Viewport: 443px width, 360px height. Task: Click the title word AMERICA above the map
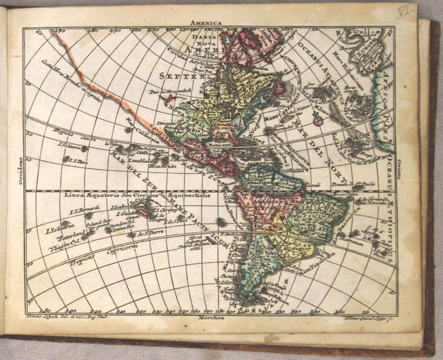coord(209,22)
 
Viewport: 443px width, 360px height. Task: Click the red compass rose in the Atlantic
coord(318,121)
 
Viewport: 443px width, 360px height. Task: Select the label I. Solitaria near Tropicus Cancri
coord(70,145)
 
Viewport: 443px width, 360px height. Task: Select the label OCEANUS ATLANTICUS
coord(293,68)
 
